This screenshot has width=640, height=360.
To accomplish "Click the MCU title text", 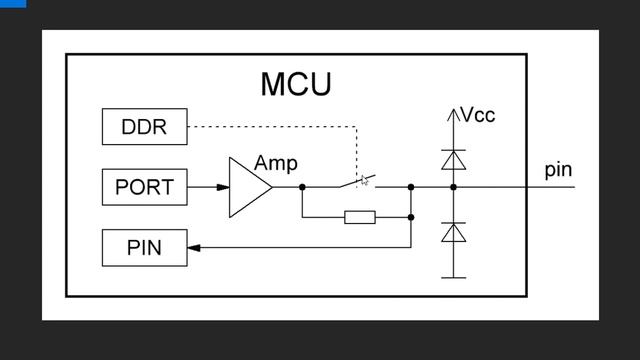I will (295, 84).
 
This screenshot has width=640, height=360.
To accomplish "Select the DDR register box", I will (144, 127).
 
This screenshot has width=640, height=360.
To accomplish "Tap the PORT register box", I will (144, 187).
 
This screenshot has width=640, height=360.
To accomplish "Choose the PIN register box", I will (144, 247).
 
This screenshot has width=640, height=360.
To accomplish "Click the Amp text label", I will (276, 163).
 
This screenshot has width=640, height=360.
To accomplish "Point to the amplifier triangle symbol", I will (249, 187).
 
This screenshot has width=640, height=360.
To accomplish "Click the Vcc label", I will (477, 115).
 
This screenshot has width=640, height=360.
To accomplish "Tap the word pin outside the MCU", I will (558, 169).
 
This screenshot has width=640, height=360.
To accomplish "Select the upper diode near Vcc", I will (454, 159).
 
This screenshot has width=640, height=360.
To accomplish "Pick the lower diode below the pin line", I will (454, 232).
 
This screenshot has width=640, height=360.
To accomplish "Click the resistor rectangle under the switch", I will (359, 217).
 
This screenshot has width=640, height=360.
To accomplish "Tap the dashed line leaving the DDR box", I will (270, 127).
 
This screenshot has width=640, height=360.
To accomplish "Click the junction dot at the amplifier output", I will (302, 187).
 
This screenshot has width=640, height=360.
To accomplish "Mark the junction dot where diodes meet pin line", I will (454, 187).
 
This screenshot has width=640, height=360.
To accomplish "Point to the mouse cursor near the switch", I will (365, 181).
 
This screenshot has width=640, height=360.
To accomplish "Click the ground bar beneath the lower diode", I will (454, 277).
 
